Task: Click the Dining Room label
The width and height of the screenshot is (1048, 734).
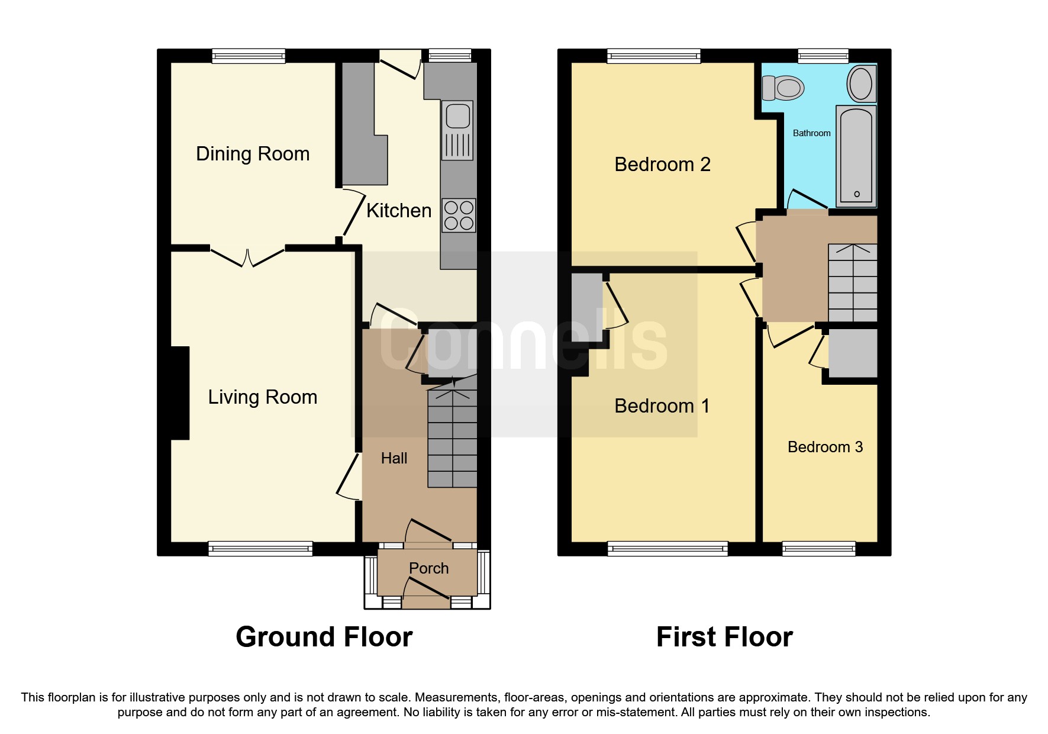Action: tap(253, 154)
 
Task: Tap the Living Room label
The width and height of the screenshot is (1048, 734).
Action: tap(262, 397)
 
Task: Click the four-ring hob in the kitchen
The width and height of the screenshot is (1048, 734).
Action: tap(459, 215)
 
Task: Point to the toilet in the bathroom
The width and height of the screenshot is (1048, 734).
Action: tap(782, 88)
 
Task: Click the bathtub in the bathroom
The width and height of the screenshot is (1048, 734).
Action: tap(856, 155)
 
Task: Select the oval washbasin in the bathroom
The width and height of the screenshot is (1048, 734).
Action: tap(860, 84)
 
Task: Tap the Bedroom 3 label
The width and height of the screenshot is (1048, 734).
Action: tap(825, 447)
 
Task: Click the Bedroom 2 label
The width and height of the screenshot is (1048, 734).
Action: tap(662, 165)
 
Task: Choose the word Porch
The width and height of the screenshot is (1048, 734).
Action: tap(428, 568)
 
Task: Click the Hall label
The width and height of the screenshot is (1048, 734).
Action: tap(394, 458)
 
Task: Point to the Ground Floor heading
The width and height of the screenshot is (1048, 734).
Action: tap(324, 637)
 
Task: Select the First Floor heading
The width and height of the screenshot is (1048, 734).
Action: tap(724, 637)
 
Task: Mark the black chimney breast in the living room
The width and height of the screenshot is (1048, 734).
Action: tap(179, 393)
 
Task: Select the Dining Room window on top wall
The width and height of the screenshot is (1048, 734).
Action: tap(249, 56)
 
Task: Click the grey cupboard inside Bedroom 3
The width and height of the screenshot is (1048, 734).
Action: tap(852, 353)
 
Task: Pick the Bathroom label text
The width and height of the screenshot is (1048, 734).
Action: tap(811, 133)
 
